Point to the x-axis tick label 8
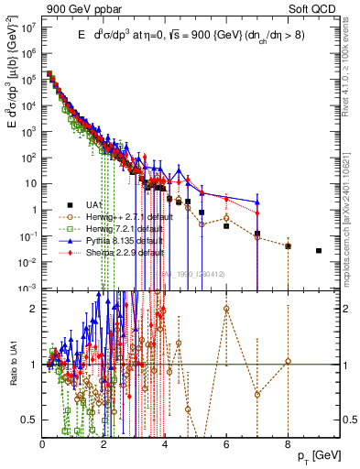(x=288, y=444)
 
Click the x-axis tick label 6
(x=226, y=444)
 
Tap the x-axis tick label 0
(x=43, y=444)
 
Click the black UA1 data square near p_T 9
(x=319, y=250)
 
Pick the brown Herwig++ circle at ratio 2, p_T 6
(x=226, y=309)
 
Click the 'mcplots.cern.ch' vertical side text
(x=351, y=229)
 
